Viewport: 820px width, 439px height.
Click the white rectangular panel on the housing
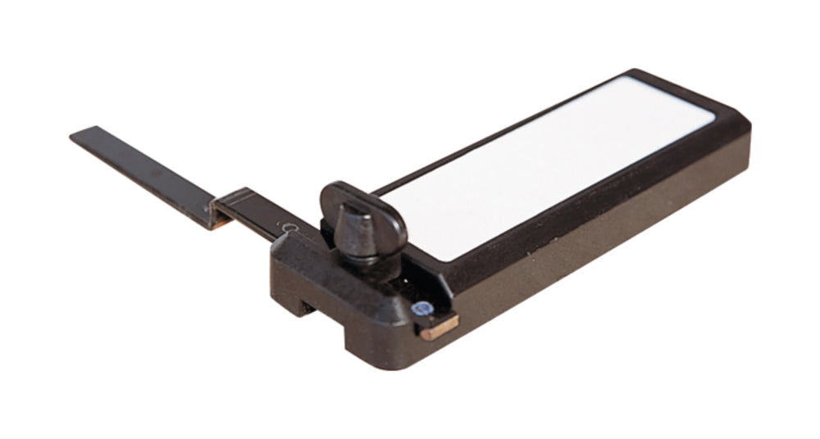tap(549, 164)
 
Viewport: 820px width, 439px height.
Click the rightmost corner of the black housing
tap(748, 132)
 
